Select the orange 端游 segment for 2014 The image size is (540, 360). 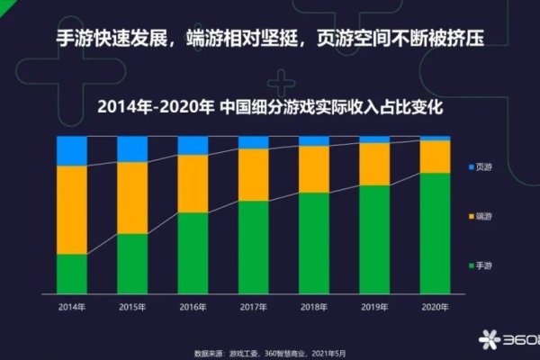click(x=72, y=210)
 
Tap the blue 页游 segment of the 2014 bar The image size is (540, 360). click(x=72, y=151)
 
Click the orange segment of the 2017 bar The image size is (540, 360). click(x=254, y=175)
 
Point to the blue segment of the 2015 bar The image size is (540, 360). click(x=132, y=149)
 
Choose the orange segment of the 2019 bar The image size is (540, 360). click(x=374, y=164)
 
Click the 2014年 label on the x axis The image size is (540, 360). click(x=72, y=306)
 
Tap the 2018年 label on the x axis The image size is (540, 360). click(x=314, y=306)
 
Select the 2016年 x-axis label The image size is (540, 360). click(x=193, y=306)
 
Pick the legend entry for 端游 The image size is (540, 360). click(x=482, y=217)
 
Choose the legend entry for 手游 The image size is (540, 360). click(x=482, y=265)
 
